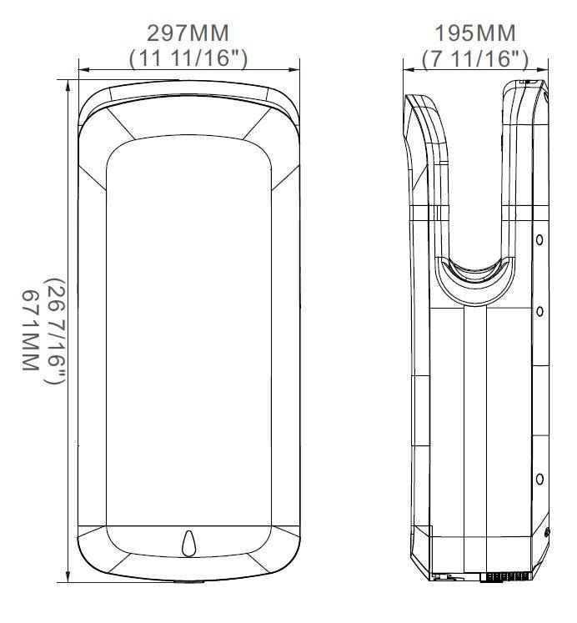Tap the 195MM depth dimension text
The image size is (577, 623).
474,33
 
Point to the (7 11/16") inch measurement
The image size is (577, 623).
474,58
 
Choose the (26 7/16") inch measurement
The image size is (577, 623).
54,330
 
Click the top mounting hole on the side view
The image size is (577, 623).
539,240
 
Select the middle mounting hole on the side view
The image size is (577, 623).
539,311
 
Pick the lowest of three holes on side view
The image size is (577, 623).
539,479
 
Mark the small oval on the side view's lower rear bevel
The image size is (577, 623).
546,532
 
